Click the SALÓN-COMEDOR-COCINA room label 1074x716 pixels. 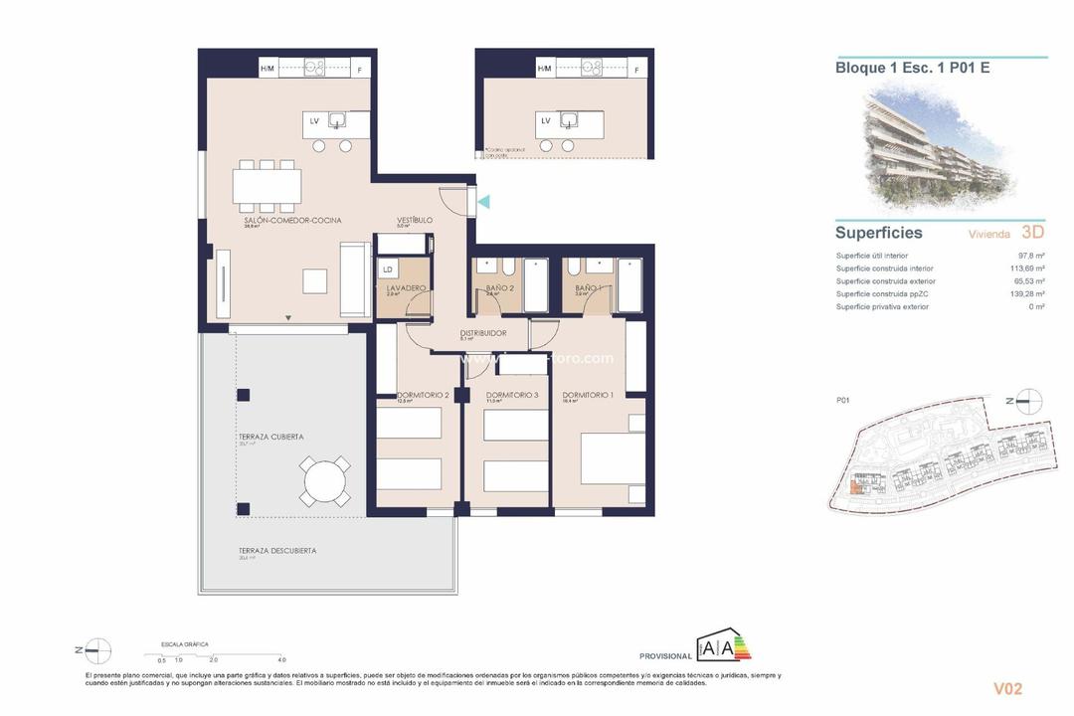(x=292, y=220)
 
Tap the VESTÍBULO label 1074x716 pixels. (x=415, y=220)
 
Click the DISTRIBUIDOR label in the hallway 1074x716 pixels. (x=483, y=333)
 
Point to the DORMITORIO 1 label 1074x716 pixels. (x=587, y=395)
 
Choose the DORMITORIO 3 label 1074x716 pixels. (x=512, y=395)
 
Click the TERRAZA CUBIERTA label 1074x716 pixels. (x=270, y=437)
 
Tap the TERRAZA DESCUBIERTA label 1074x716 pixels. (x=276, y=550)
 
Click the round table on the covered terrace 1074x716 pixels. (x=325, y=482)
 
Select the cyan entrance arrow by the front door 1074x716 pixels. (x=483, y=202)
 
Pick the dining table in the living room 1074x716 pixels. (x=267, y=185)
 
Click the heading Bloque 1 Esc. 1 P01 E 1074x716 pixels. (x=912, y=68)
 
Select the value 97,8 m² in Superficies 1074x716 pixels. (x=1030, y=256)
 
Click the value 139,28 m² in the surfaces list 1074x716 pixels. (x=1026, y=294)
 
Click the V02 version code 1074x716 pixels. (x=1006, y=688)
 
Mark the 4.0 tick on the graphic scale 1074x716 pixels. (x=282, y=659)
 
